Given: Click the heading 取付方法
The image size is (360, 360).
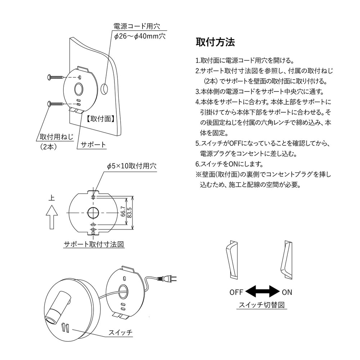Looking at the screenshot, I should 215,42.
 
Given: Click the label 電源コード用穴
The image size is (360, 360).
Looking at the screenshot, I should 136,26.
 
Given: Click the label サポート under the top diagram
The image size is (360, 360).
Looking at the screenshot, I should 93,145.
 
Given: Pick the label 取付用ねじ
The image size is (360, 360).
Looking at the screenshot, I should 56,137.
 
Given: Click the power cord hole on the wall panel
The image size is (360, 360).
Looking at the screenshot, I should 105,88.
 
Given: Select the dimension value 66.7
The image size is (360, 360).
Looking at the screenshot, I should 123,213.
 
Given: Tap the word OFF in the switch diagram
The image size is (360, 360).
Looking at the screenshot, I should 237,292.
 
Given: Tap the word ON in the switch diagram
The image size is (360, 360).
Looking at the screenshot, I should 287,292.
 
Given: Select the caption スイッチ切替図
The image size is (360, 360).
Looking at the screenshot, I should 262,305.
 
